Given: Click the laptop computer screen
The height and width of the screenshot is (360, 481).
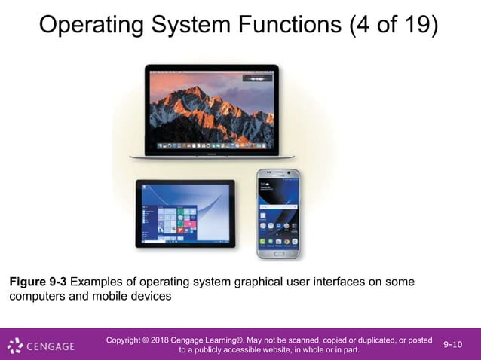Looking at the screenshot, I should point(211,108).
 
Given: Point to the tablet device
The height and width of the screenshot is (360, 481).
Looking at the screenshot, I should point(185,213).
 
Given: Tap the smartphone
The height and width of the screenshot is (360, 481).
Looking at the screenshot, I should point(277,214).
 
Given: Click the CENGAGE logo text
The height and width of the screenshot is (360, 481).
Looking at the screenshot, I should point(51,346).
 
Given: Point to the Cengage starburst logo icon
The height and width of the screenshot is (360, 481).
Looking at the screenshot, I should point(16,346).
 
